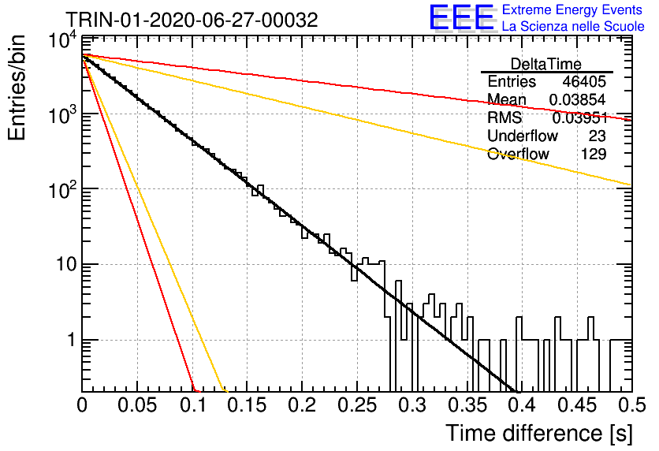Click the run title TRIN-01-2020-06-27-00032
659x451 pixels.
192,20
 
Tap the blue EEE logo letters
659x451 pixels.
462,17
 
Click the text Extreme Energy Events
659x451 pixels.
572,9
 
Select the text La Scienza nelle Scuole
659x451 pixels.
573,26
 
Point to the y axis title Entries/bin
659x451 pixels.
17,88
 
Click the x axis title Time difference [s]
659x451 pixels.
539,434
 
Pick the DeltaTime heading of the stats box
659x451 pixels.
546,64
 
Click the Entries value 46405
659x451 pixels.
584,81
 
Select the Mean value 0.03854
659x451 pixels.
578,99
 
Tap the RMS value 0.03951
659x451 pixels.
580,118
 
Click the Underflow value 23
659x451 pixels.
597,136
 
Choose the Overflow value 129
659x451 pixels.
594,154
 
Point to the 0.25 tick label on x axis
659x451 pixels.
357,405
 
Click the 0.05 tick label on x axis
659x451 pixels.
137,405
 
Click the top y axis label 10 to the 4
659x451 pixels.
63,40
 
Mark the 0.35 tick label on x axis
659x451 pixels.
467,405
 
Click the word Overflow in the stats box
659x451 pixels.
518,154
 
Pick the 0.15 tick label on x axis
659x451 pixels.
248,405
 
